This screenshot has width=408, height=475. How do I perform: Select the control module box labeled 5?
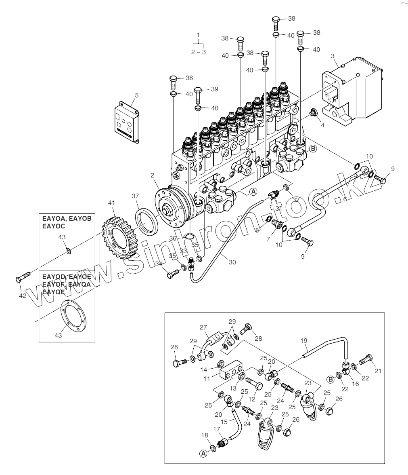pos(127,121)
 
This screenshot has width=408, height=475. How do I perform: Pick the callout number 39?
pos(214,89)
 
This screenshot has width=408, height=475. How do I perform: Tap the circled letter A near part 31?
pos(253,192)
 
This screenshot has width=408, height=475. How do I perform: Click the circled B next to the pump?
pos(313,148)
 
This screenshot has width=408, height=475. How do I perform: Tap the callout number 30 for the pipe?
pos(232,262)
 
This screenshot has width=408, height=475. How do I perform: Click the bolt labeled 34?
pos(172,274)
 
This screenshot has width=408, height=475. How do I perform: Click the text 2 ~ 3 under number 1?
pos(198,52)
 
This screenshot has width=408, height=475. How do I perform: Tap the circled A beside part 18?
pos(203,454)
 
